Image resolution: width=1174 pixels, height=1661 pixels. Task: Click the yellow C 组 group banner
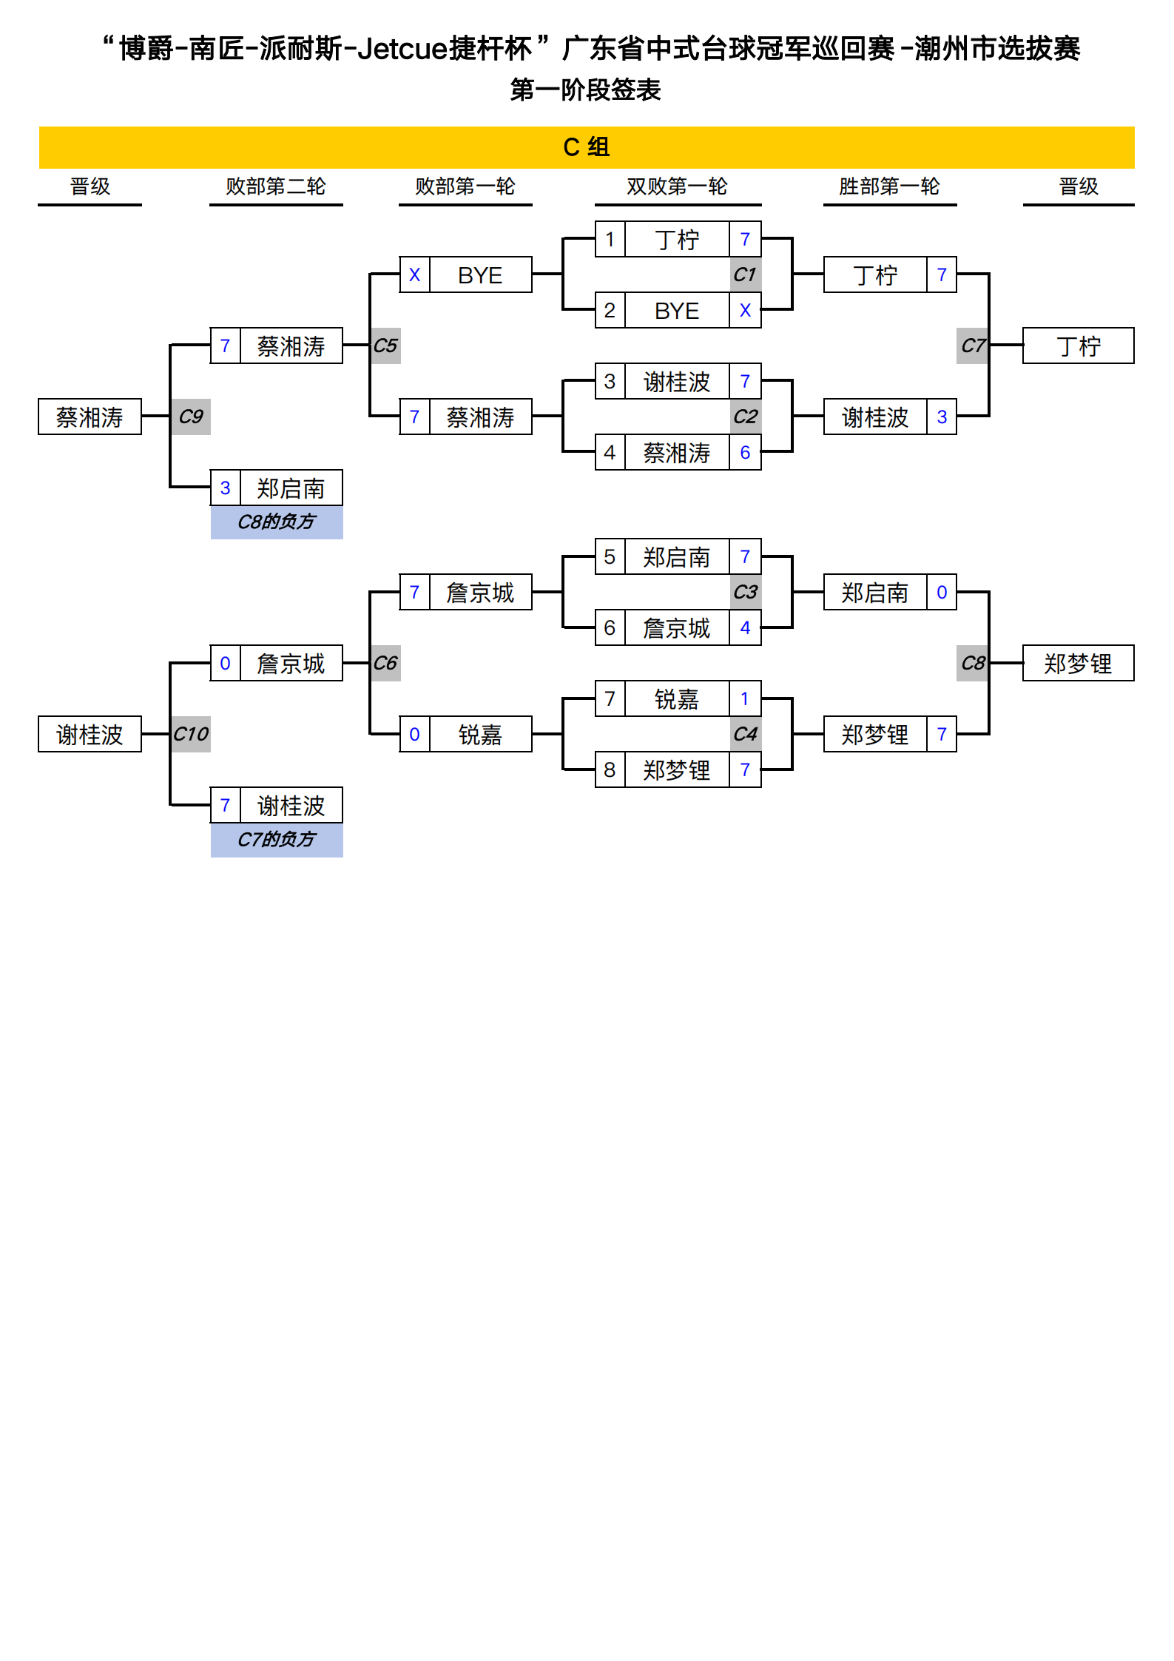point(586,147)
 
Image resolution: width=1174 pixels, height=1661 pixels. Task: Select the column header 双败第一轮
point(677,186)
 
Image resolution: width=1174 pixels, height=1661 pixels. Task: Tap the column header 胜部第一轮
point(888,186)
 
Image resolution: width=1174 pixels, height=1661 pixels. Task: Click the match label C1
point(745,274)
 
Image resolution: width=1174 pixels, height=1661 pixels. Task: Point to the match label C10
point(191,734)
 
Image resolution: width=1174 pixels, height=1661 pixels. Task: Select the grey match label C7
point(972,346)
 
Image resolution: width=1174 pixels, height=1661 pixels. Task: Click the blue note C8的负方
point(277,522)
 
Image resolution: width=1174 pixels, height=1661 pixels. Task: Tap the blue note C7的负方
point(277,840)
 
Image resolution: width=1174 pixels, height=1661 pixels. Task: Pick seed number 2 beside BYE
point(610,311)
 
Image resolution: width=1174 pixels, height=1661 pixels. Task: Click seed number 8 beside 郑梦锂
point(610,770)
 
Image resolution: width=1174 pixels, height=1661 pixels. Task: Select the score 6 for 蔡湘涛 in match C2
point(745,453)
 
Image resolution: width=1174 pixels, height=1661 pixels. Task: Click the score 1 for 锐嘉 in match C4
point(745,698)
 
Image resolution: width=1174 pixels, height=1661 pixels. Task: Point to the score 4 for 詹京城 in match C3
point(745,628)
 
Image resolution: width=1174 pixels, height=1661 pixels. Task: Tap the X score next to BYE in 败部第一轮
point(414,275)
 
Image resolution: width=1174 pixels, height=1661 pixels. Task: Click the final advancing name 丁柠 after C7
point(1078,346)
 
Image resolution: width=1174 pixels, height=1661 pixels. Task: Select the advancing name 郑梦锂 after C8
point(1078,664)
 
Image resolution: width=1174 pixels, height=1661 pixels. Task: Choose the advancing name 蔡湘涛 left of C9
point(90,417)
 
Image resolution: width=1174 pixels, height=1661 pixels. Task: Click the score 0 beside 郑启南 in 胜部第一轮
point(942,593)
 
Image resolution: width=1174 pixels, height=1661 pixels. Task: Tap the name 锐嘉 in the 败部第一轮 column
point(480,735)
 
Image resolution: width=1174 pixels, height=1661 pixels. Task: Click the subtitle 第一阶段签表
point(585,90)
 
